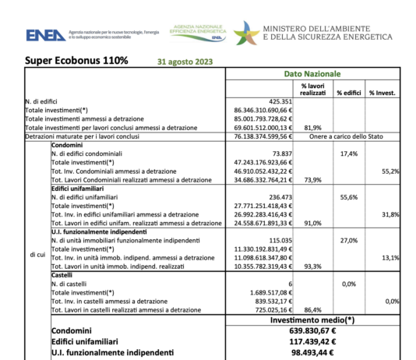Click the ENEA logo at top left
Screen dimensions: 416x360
tap(46, 35)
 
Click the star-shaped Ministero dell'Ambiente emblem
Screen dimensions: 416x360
tap(246, 34)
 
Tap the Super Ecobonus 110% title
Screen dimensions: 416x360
tap(76, 60)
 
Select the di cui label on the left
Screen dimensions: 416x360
tap(37, 254)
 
